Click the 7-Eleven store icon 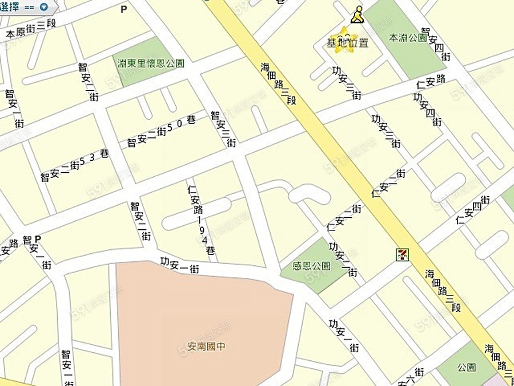point(404,254)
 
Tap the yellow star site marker point(344,40)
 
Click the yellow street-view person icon point(357,15)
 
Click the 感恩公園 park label point(311,266)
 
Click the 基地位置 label point(347,43)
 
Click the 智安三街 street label point(223,129)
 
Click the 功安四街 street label point(427,109)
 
